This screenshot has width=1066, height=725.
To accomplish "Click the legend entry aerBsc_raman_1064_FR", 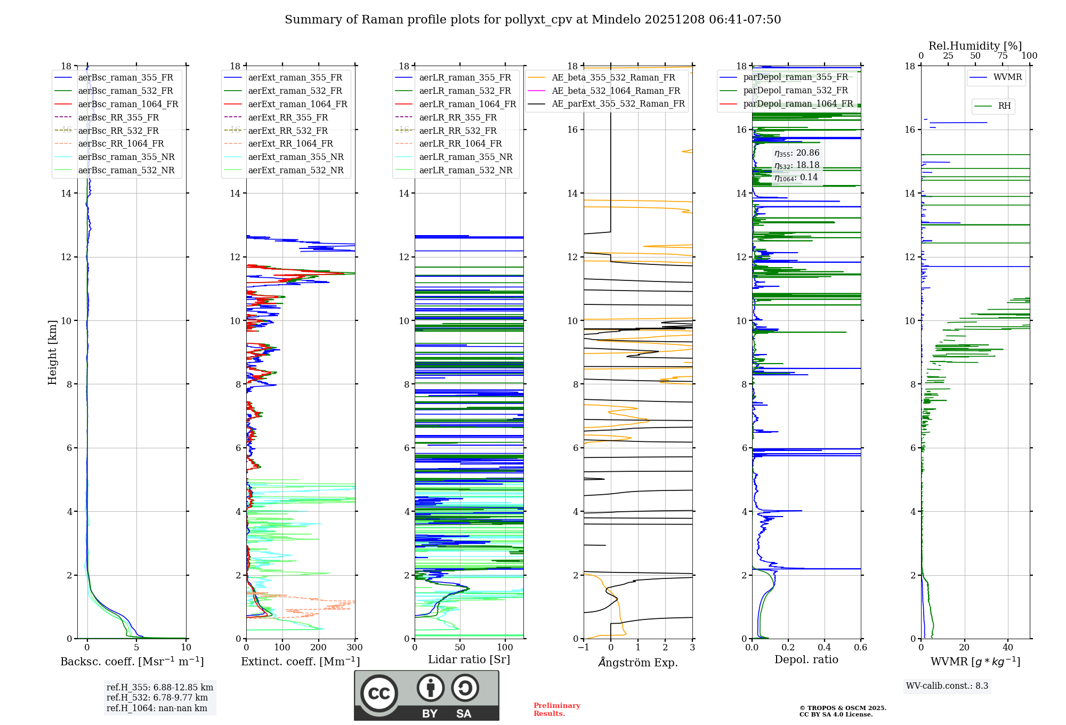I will (x=128, y=104).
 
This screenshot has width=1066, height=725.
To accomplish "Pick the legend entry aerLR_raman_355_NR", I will (x=465, y=157).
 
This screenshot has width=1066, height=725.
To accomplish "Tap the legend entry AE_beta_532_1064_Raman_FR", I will (x=616, y=91).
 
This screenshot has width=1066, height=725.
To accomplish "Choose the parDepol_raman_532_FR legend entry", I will (x=795, y=91).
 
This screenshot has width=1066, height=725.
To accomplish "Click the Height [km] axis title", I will (x=52, y=352).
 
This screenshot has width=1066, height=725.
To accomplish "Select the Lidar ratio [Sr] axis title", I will (x=469, y=660).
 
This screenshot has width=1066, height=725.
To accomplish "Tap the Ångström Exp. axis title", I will (x=638, y=663).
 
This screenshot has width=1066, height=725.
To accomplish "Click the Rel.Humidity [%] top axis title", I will (x=975, y=46).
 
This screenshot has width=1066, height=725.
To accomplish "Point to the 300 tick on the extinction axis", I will (x=354, y=648).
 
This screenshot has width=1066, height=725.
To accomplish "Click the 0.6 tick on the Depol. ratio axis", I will (x=860, y=648).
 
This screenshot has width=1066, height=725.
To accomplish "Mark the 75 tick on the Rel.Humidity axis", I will (x=1002, y=56).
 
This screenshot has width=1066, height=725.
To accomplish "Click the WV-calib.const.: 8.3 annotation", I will (x=947, y=686).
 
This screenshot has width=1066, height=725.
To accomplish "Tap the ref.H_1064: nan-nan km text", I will (x=157, y=708).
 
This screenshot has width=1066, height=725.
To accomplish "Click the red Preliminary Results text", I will (x=556, y=710).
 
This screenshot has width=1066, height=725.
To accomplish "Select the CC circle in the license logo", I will (x=379, y=694).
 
